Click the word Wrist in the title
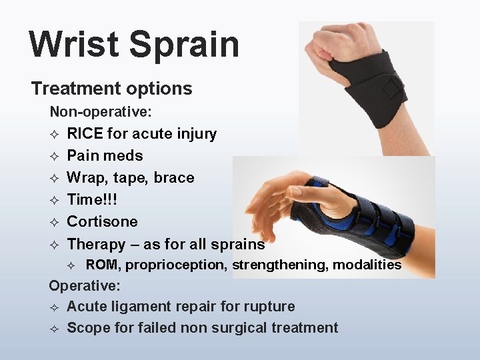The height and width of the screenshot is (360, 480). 74,45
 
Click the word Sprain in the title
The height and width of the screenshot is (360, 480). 184,45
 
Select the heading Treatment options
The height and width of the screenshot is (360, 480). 111,88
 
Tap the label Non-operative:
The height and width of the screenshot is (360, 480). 101,111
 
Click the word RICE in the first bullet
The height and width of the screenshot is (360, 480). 85,133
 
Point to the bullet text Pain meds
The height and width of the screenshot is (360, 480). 105,155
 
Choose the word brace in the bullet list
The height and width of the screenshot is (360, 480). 174,177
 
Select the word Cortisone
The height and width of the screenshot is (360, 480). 102,221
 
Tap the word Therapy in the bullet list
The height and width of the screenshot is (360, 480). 96,244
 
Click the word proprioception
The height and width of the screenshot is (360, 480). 177,265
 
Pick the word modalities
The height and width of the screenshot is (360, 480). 367,265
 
